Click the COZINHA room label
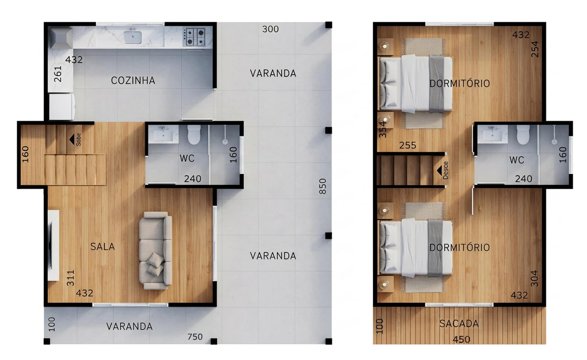(133, 80)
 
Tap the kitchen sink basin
(132, 37)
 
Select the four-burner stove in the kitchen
(194, 37)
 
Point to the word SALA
(103, 247)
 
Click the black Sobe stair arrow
(72, 139)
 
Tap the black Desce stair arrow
(439, 171)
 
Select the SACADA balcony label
(459, 324)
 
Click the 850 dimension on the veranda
(323, 186)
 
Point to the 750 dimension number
(195, 337)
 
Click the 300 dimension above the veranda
(270, 29)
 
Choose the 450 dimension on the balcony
(461, 340)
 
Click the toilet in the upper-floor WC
(523, 135)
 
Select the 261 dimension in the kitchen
(58, 74)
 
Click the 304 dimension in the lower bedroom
(534, 278)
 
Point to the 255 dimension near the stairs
(408, 145)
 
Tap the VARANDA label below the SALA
(129, 326)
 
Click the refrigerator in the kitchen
(62, 107)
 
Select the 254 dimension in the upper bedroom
(535, 49)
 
